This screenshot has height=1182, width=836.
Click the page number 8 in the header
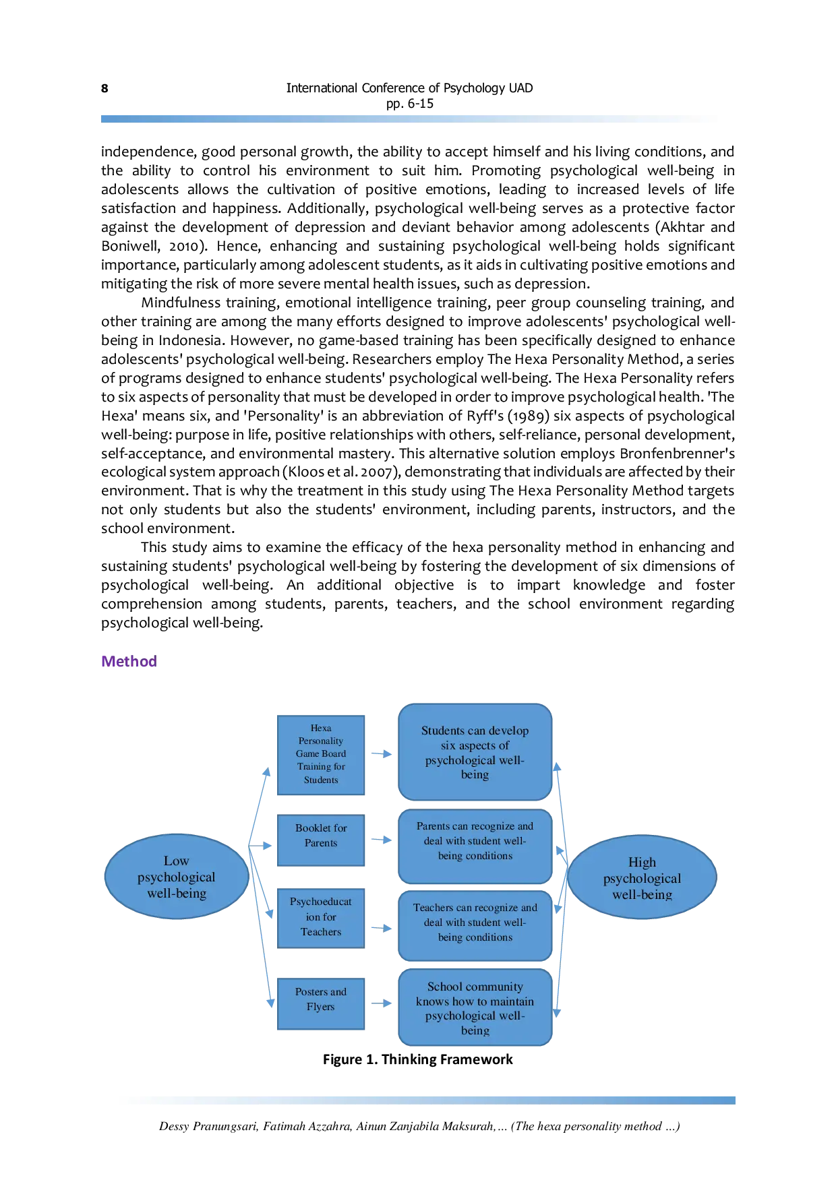click(x=104, y=88)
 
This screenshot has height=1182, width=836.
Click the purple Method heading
click(x=129, y=661)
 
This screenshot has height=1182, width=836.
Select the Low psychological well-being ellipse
click(x=177, y=877)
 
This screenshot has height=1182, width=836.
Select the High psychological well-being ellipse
click(x=642, y=877)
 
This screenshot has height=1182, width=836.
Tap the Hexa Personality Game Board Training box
click(x=321, y=755)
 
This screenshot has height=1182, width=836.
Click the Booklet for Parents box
click(x=321, y=840)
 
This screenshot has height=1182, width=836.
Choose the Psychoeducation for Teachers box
click(x=321, y=918)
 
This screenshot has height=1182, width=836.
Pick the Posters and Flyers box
click(x=321, y=1003)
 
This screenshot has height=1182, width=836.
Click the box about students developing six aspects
click(x=475, y=752)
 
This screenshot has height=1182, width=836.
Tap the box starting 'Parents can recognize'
click(x=475, y=846)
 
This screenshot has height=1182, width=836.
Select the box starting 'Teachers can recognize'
click(x=475, y=925)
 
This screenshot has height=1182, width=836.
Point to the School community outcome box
click(x=475, y=1007)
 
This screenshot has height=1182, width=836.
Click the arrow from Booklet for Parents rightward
click(x=382, y=840)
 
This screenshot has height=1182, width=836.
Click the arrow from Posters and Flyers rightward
click(x=382, y=1003)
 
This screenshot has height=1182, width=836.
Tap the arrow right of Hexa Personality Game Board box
click(x=382, y=754)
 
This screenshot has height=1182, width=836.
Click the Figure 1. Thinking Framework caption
click(x=418, y=1059)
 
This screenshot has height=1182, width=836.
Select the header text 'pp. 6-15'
click(x=410, y=104)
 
